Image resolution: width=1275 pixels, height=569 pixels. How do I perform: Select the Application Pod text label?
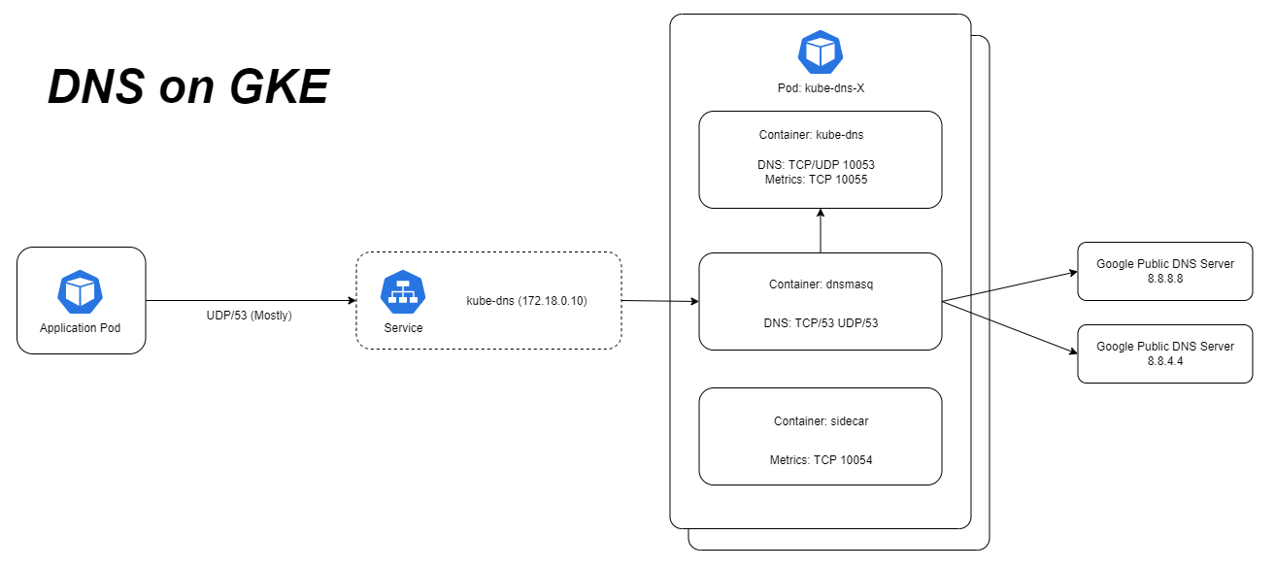pos(81,328)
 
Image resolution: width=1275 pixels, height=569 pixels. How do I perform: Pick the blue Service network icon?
pos(403,292)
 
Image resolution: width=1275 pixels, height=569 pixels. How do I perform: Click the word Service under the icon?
pos(403,328)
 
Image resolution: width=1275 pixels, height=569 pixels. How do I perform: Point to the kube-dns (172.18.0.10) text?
pos(526,301)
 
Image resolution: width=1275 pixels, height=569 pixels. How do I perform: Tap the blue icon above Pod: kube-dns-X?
pos(820,51)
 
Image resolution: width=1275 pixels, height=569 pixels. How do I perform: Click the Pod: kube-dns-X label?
pos(820,88)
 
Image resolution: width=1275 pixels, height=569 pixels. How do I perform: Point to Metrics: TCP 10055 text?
pos(820,179)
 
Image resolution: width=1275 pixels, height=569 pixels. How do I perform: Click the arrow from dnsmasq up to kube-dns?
pos(821,231)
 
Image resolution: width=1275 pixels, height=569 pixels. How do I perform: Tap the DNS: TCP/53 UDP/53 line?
pos(820,322)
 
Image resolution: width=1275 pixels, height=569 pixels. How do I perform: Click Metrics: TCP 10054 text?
pos(820,459)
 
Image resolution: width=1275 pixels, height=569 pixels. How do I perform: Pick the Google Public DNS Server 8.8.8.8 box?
pos(1165,271)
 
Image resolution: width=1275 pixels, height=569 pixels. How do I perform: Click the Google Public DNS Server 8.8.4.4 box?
pos(1165,353)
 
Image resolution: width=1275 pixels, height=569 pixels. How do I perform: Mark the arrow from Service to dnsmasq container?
pos(660,301)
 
